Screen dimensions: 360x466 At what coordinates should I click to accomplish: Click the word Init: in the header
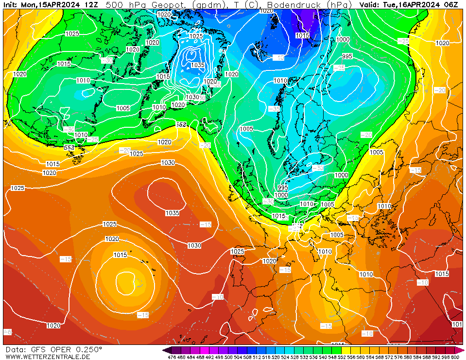(x=11, y=4)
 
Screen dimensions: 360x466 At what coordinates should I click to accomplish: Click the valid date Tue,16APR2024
(x=413, y=4)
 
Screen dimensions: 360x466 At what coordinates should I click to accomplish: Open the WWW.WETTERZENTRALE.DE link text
(x=48, y=357)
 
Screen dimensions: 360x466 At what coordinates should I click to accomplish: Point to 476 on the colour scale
(x=172, y=357)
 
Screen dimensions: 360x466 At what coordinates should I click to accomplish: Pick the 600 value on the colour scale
(x=455, y=357)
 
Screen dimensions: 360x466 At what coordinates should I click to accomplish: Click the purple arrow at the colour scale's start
(x=167, y=350)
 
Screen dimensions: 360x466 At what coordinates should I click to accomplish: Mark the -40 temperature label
(x=278, y=57)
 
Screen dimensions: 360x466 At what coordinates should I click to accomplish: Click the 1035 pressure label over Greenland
(x=197, y=65)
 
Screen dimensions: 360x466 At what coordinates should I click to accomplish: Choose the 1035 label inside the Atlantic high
(x=172, y=213)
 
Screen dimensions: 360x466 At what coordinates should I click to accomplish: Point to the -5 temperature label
(x=7, y=332)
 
